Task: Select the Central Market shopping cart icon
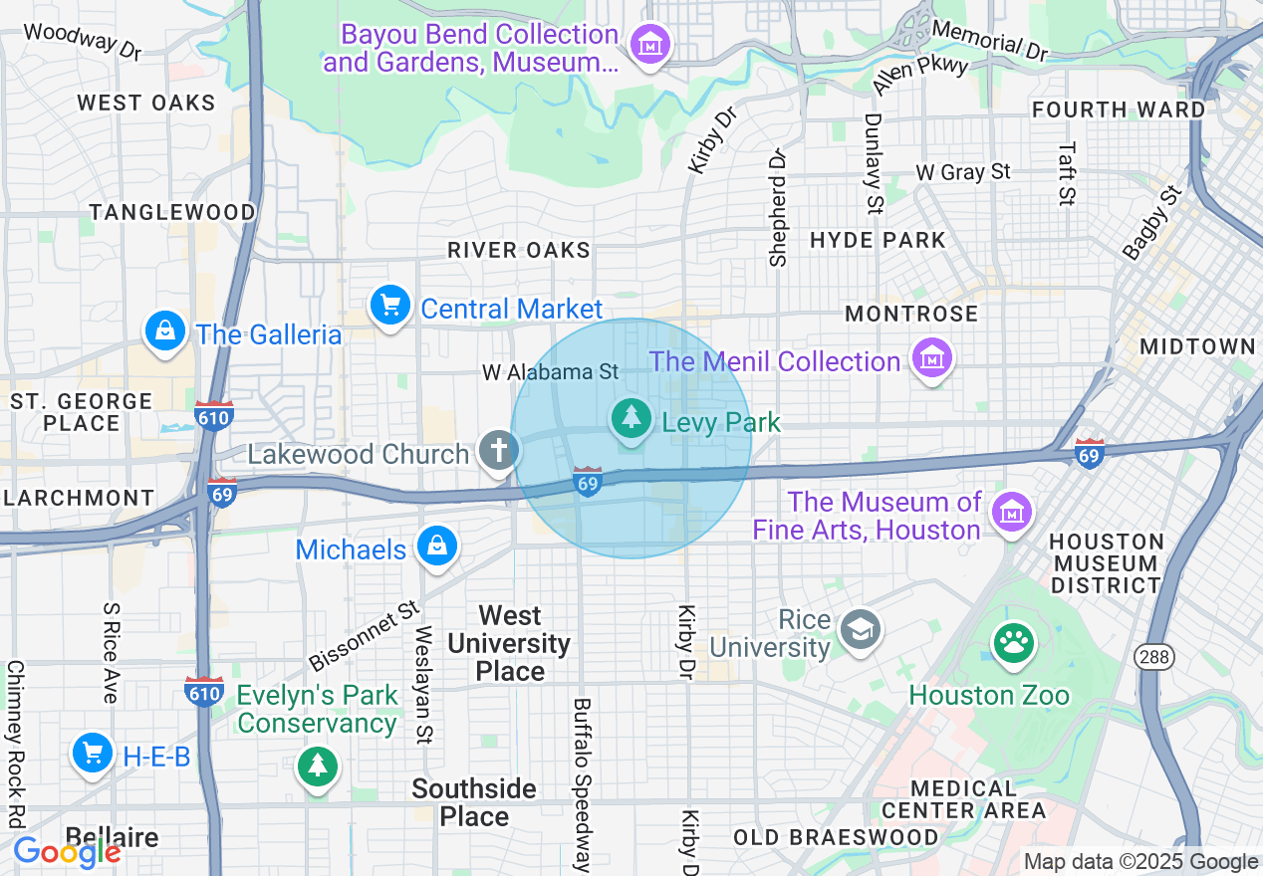click(x=390, y=305)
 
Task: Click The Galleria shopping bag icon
click(x=165, y=329)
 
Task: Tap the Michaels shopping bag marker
click(x=437, y=546)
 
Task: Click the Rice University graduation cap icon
click(x=860, y=629)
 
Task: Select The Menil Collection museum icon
click(x=932, y=357)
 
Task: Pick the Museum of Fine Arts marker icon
click(x=1013, y=513)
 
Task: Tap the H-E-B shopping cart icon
click(x=93, y=754)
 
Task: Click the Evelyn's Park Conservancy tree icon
click(x=317, y=766)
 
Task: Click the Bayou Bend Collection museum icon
click(x=651, y=44)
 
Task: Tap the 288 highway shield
click(x=1153, y=657)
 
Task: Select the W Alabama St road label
click(x=550, y=372)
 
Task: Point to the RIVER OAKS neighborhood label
click(x=519, y=250)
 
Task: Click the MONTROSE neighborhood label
click(x=911, y=315)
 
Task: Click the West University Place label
click(x=510, y=643)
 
